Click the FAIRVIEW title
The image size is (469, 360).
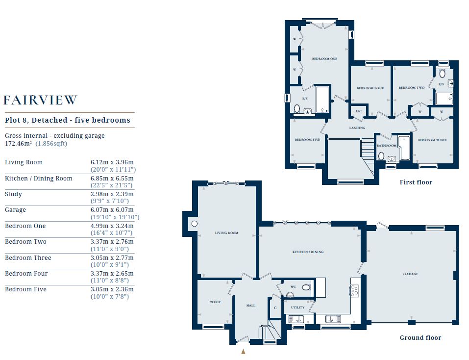40,100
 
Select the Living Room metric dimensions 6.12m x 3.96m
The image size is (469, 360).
112,162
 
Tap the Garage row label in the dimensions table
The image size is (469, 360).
15,210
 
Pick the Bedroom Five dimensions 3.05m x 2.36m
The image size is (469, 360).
112,289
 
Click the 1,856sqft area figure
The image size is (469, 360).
51,143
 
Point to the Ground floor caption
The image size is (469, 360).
420,337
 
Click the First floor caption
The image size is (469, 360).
416,182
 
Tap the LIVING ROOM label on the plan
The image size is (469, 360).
226,233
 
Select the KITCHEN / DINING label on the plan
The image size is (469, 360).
308,252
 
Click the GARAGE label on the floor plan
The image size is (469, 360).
410,274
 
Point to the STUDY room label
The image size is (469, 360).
215,302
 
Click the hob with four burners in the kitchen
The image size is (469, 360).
354,290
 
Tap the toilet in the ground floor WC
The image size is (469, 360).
306,287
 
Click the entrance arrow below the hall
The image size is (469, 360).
243,352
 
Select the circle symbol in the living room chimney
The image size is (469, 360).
195,224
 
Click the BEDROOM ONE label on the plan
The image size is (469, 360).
324,59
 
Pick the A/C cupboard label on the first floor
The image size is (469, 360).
358,111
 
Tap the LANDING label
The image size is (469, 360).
357,128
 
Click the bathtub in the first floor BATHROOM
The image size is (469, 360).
404,148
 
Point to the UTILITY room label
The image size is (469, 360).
297,308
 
